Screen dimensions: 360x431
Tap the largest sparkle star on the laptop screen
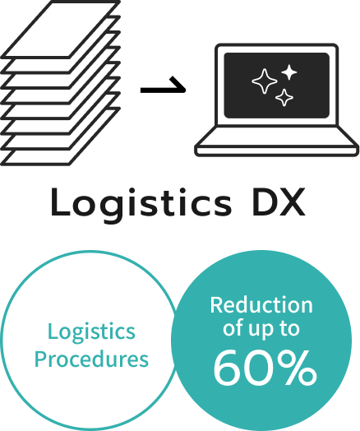point(265,81)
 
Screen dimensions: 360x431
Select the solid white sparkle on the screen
point(288,72)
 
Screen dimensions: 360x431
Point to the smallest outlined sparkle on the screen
point(284,97)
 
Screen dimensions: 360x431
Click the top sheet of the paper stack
point(61,30)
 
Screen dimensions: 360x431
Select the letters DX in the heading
point(279,202)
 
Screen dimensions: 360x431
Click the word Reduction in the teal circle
point(261,305)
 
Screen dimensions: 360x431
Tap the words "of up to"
point(261,329)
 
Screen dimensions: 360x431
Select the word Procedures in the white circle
point(91,359)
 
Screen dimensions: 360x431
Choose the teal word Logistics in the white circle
point(91,332)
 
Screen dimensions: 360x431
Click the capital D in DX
point(265,202)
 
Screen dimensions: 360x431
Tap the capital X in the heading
point(293,202)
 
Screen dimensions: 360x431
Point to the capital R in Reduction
point(216,305)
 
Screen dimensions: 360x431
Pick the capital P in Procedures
point(40,359)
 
